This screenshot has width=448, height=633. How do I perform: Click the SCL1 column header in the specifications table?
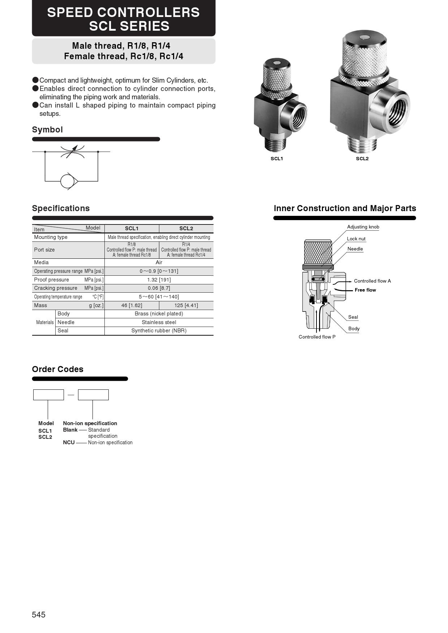[132, 228]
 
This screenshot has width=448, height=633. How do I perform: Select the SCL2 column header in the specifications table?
[186, 228]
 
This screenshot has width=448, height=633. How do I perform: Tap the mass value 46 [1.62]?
[132, 305]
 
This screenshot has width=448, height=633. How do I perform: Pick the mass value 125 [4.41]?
[186, 305]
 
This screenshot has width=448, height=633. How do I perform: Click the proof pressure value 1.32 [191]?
[159, 280]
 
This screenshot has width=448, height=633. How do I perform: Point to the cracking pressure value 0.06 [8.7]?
[159, 288]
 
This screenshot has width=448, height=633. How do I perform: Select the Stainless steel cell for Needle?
[159, 322]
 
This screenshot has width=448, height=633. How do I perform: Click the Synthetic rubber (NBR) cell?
[159, 331]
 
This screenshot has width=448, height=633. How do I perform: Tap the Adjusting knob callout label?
[363, 227]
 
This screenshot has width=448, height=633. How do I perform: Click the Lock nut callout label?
[356, 239]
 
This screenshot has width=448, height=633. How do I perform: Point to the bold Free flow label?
[365, 290]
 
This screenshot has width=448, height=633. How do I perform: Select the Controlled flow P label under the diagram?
[317, 337]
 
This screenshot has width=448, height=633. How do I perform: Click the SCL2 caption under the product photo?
[362, 159]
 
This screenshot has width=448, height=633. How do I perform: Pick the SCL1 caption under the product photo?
[277, 159]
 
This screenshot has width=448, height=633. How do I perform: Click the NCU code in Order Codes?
[69, 442]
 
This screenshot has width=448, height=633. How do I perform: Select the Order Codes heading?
[58, 369]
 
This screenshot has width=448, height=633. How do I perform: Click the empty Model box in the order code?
[48, 395]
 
